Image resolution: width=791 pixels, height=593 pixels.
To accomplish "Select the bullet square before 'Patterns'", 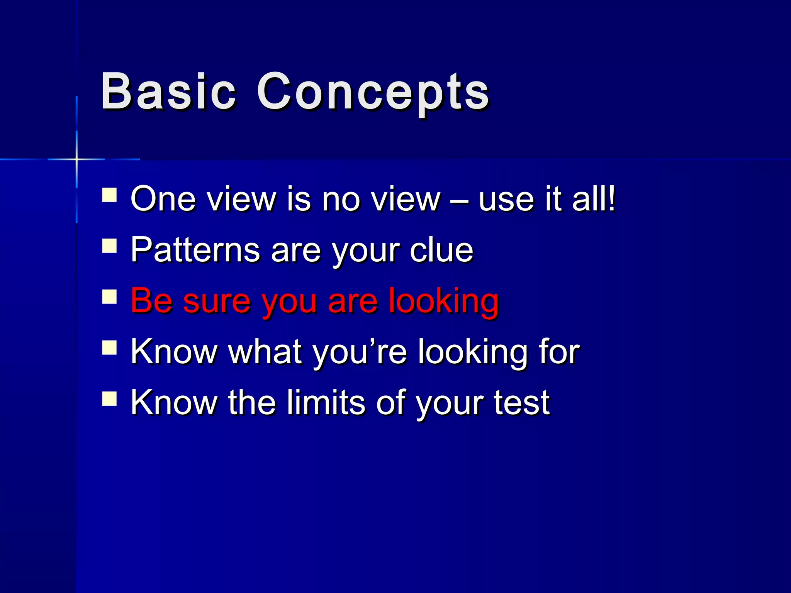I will pos(110,246).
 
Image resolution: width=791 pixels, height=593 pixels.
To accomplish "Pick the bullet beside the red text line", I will pos(110,296).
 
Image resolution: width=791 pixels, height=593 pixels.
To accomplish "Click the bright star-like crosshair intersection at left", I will pos(76,159).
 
